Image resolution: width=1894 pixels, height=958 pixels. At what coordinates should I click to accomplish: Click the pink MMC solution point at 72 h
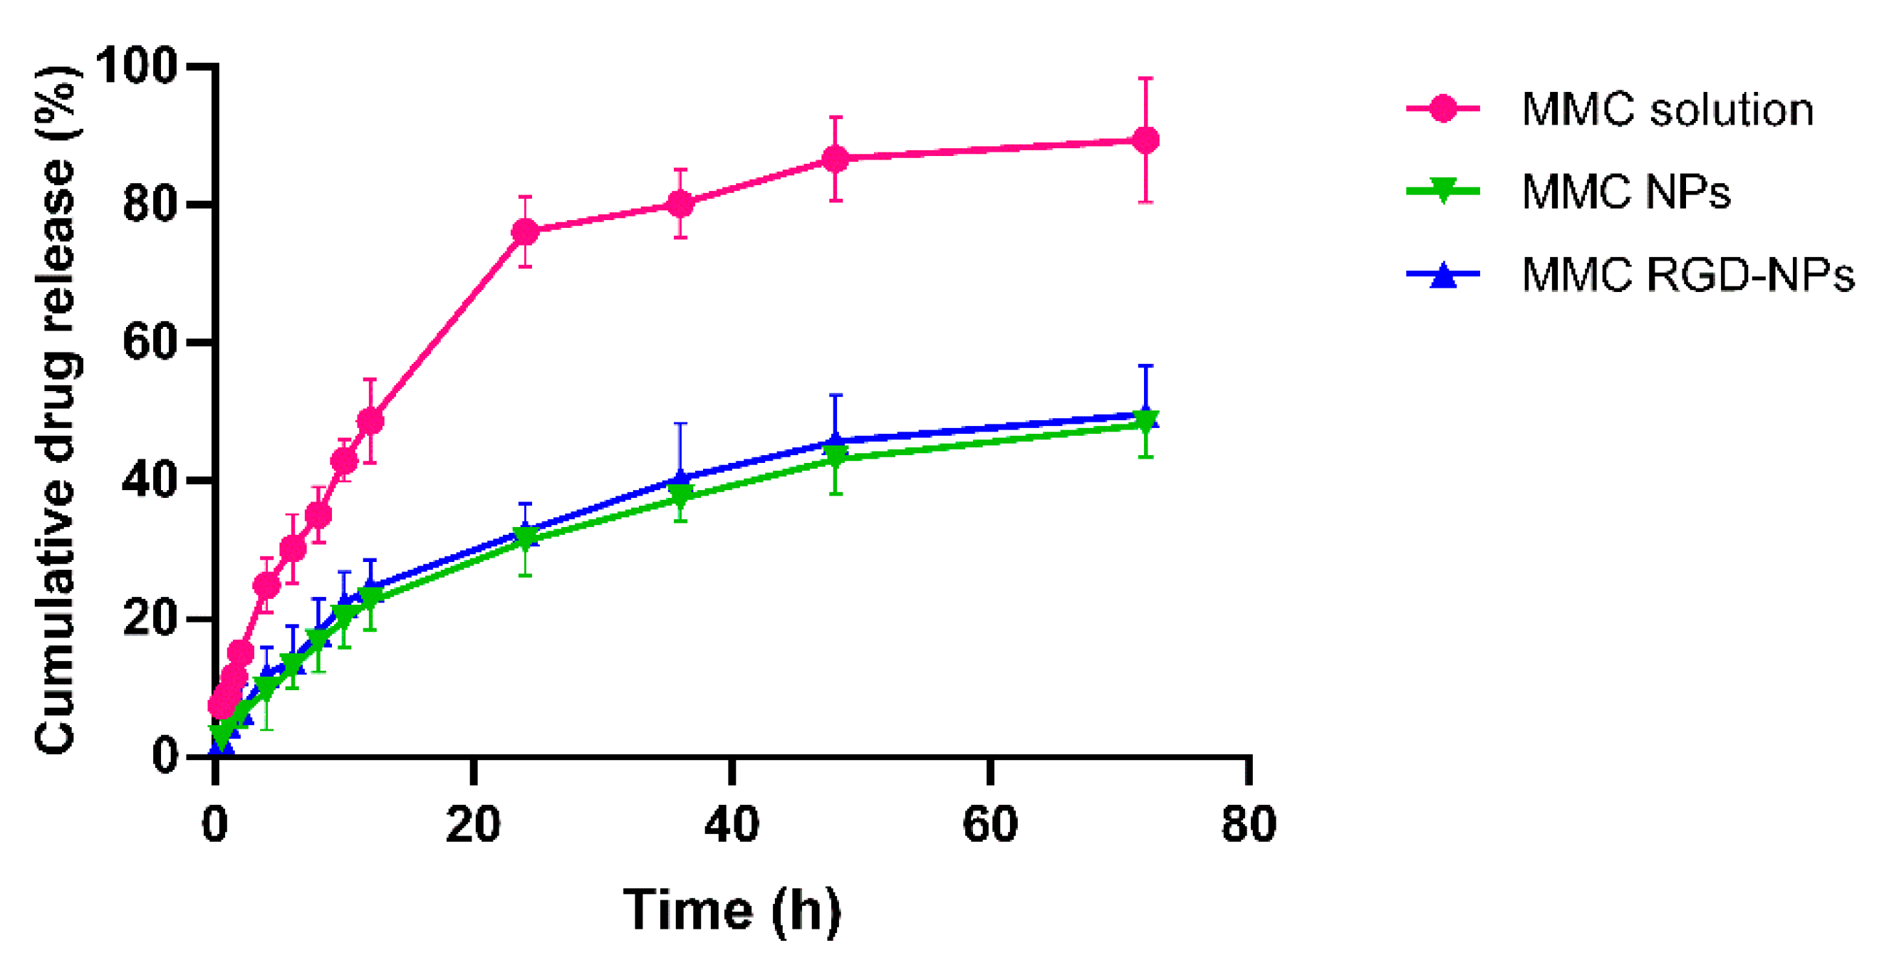(x=1145, y=140)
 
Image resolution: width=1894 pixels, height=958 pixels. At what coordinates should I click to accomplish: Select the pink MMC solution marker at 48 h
(x=835, y=158)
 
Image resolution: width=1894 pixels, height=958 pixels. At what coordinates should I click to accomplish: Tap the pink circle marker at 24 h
(x=524, y=232)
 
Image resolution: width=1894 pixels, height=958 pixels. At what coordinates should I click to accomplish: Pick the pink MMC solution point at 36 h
(x=680, y=204)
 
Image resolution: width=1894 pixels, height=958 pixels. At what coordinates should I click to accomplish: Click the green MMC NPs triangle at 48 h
(x=835, y=457)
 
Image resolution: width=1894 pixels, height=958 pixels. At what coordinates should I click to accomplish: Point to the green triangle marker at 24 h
(x=524, y=538)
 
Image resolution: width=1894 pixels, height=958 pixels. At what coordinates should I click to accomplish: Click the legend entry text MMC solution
(x=1667, y=110)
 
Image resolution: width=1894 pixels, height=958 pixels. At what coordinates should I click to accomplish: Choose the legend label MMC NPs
(x=1625, y=192)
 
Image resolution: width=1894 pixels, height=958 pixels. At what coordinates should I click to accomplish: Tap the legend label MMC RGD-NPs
(x=1687, y=275)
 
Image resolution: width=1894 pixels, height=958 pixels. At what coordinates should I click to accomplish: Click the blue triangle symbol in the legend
(x=1442, y=275)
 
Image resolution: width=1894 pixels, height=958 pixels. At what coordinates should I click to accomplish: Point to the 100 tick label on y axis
(x=137, y=66)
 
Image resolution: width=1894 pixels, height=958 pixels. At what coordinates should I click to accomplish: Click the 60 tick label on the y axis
(x=151, y=342)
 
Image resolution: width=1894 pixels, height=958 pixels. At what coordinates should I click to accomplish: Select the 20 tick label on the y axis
(x=151, y=618)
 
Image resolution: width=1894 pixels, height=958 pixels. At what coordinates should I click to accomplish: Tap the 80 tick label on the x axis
(x=1249, y=823)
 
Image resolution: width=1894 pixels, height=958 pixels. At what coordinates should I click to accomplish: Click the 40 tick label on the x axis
(x=732, y=823)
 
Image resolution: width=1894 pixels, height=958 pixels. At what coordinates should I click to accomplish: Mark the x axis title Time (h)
(x=732, y=910)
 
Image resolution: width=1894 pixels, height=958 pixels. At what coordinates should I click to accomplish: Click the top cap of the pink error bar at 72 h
(x=1145, y=78)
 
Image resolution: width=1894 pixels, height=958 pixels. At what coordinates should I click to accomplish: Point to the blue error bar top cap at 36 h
(x=680, y=424)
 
